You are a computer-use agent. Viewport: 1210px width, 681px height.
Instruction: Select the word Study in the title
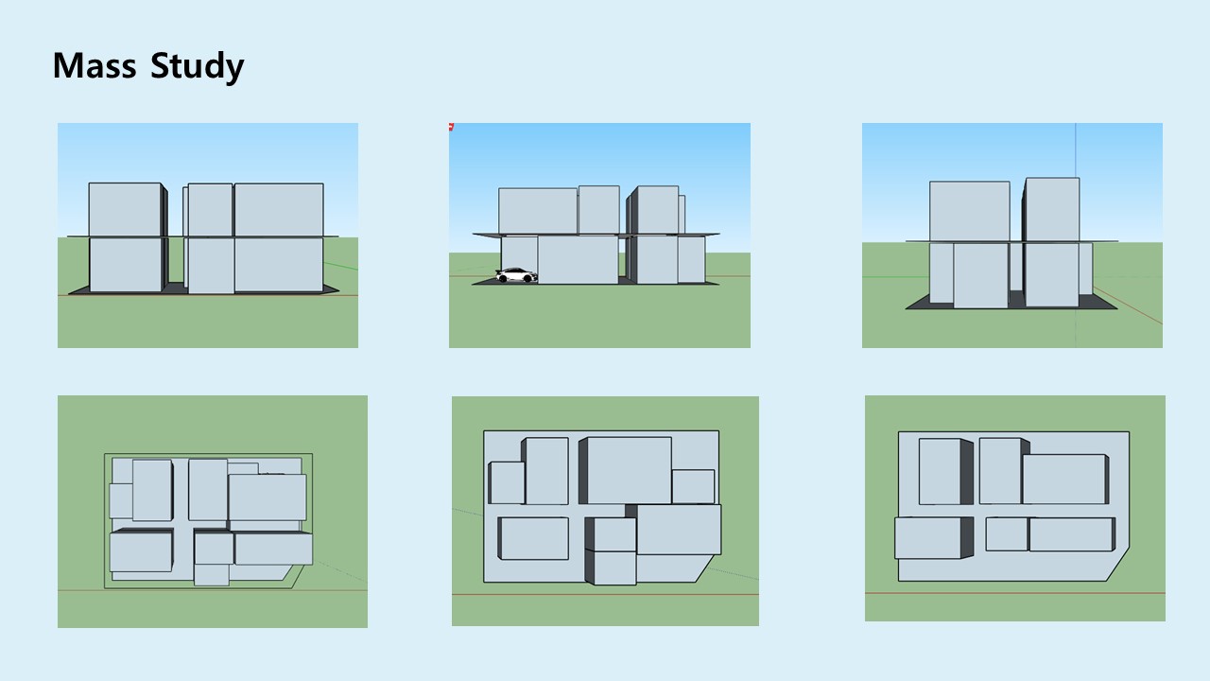[x=197, y=67]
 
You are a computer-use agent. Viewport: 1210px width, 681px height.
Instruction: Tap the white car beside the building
[x=516, y=275]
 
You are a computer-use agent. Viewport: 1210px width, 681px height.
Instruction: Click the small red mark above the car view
[x=451, y=126]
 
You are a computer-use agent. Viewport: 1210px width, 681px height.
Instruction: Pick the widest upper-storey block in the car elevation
[x=538, y=211]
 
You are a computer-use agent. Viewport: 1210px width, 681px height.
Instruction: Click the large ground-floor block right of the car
[x=578, y=259]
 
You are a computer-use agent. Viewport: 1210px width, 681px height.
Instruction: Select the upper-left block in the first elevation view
[x=125, y=209]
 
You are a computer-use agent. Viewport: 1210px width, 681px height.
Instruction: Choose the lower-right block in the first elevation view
[x=279, y=264]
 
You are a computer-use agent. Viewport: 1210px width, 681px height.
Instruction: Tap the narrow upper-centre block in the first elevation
[x=210, y=209]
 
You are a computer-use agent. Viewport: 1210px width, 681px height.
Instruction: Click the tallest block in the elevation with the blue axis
[x=1052, y=209]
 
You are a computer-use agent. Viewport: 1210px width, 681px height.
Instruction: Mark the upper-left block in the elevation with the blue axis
[x=969, y=211]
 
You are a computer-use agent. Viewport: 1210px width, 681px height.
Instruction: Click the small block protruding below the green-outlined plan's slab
[x=212, y=574]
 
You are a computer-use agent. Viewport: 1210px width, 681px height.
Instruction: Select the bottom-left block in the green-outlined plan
[x=140, y=551]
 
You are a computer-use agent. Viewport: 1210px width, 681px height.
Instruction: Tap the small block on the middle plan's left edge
[x=506, y=482]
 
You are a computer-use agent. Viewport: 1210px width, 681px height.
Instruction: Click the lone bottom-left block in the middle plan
[x=533, y=538]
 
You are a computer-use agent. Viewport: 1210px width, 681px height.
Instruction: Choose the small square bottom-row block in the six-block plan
[x=1006, y=533]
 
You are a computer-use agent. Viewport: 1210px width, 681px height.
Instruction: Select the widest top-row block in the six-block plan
[x=1063, y=479]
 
